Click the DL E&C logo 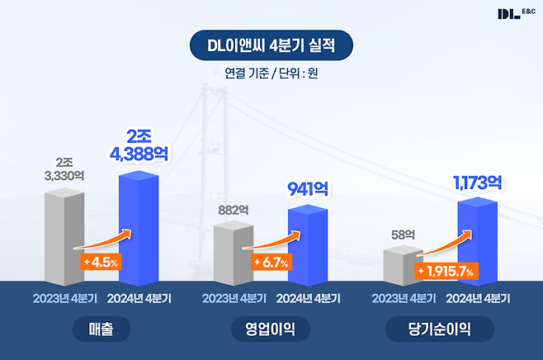(x=514, y=13)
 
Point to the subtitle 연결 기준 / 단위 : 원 (x=271, y=73)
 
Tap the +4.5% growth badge (x=100, y=263)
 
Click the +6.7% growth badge (x=271, y=263)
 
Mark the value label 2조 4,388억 (x=139, y=146)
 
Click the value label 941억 (x=307, y=189)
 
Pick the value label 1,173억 (x=478, y=181)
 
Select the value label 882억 (x=234, y=210)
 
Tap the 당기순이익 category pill (x=441, y=330)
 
